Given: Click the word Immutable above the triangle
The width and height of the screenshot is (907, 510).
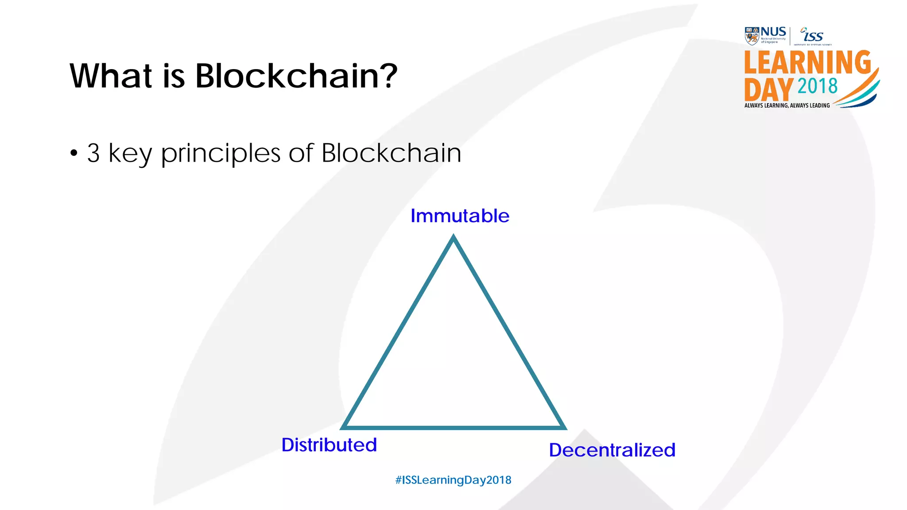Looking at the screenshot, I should (460, 216).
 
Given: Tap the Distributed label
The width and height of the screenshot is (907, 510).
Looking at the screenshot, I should (329, 445).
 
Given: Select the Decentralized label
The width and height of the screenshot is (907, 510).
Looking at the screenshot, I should (612, 450).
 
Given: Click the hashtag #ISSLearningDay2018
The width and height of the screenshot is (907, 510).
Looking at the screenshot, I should (453, 480).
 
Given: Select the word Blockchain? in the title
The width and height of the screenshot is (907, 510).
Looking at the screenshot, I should (296, 76).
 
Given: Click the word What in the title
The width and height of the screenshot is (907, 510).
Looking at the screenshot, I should (111, 76).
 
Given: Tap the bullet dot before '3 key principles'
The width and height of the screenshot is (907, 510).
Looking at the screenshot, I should (74, 154).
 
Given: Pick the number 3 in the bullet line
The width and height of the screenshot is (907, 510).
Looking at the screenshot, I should (93, 153).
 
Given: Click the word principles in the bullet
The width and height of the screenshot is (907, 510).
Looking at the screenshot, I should (221, 154).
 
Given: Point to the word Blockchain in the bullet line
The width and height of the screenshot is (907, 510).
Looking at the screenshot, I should (391, 153).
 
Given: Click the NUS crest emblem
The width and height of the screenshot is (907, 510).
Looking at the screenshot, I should (752, 36).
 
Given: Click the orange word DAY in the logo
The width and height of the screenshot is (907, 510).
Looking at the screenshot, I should (768, 89).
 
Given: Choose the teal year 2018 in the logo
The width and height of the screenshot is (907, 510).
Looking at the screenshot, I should (818, 86).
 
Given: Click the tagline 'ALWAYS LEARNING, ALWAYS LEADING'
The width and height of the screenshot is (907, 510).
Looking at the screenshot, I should (787, 105).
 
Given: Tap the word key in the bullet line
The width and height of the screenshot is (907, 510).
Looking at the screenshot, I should (130, 154).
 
